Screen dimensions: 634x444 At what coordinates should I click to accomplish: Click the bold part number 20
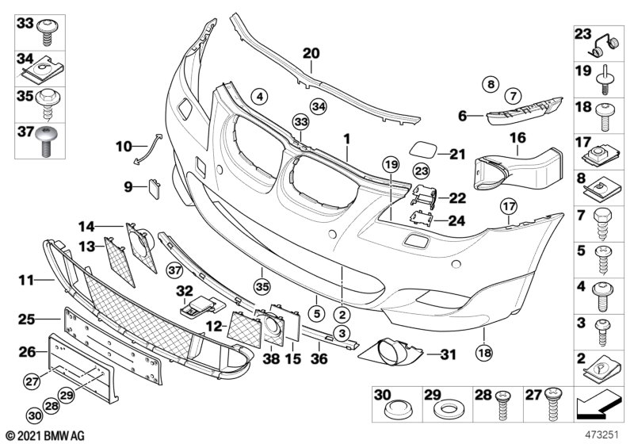311,53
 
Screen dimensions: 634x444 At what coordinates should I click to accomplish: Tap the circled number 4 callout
260,97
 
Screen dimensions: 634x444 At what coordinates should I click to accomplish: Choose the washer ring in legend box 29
448,409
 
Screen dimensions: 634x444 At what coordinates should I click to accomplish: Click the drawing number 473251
602,435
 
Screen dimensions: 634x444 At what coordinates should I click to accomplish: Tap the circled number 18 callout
484,353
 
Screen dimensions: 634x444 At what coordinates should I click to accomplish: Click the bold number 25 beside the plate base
27,320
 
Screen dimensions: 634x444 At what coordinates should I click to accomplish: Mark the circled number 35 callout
262,287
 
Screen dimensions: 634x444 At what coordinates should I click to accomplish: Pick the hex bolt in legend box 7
603,224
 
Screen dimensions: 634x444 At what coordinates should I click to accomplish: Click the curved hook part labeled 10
147,149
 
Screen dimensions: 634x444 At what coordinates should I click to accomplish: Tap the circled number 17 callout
509,207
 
